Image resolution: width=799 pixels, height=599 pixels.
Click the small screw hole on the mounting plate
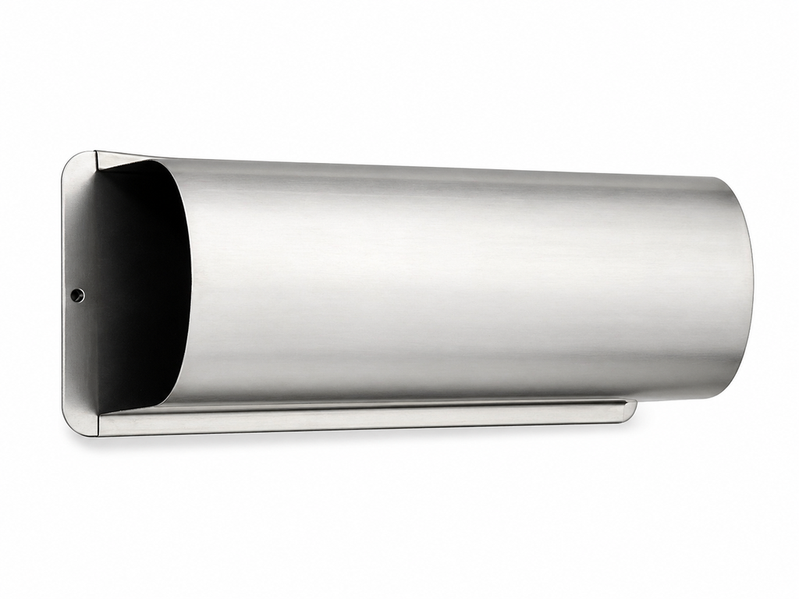pyautogui.click(x=77, y=295)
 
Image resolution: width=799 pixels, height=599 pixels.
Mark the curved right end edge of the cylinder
pyautogui.click(x=751, y=289)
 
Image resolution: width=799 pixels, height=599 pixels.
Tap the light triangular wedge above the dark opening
pyautogui.click(x=117, y=161)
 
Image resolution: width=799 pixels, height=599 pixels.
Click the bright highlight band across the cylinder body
pyautogui.click(x=453, y=234)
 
